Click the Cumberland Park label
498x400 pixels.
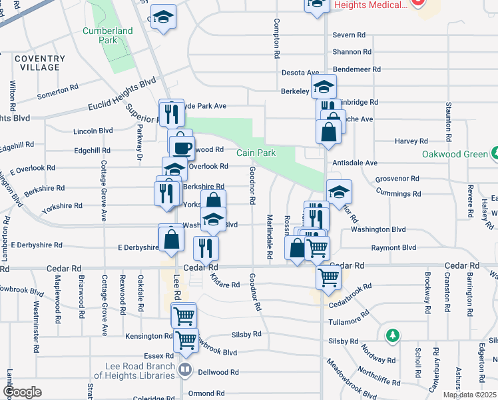100,35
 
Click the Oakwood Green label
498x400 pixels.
455,154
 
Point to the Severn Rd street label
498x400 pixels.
349,35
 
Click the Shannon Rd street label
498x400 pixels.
352,51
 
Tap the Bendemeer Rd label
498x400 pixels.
358,69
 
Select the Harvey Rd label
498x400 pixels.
410,141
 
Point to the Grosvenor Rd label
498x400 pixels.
397,179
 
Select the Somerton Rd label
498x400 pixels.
58,91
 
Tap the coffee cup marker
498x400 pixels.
181,146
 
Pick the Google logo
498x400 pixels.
21,392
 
